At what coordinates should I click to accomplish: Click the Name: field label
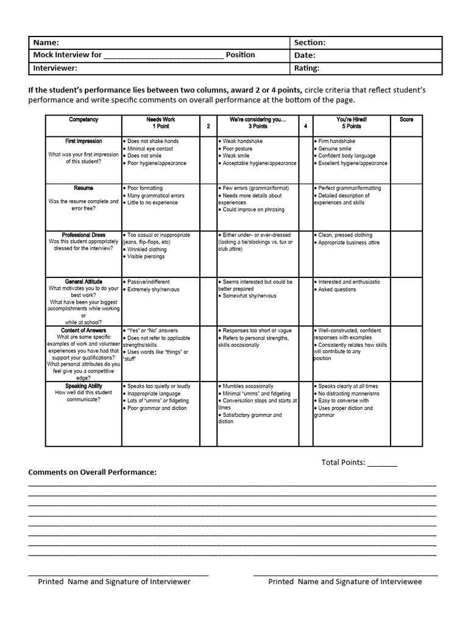(46, 43)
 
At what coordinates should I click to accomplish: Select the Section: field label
(310, 43)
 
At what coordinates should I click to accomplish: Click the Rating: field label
(307, 68)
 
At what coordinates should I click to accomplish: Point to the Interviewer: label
(55, 68)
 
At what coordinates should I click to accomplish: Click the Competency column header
(83, 120)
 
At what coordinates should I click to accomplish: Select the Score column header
(406, 120)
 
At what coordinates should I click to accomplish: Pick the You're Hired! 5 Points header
(352, 123)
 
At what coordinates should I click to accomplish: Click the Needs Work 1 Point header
(161, 123)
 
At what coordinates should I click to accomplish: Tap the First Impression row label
(83, 141)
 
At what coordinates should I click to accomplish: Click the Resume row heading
(83, 189)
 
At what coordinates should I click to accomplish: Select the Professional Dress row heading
(83, 235)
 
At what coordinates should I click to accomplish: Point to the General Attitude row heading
(83, 282)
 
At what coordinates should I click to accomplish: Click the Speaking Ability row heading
(83, 386)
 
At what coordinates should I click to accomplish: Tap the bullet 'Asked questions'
(336, 290)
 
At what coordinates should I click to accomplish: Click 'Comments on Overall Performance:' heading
(92, 472)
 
